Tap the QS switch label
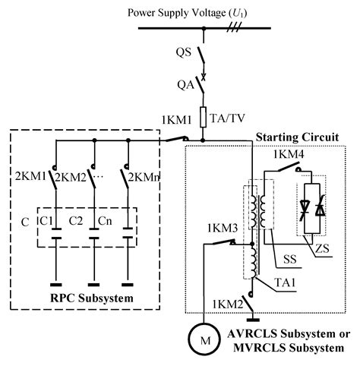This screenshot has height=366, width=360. pyautogui.click(x=182, y=53)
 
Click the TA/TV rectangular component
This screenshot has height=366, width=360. pyautogui.click(x=204, y=118)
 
